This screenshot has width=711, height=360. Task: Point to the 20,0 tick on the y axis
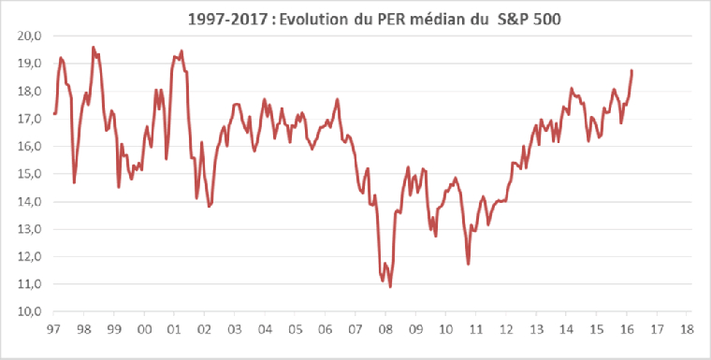tap(30, 36)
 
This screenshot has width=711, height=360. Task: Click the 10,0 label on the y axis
tap(30, 310)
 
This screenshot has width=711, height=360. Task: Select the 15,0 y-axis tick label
tap(30, 173)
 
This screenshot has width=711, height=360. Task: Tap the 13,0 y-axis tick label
tap(30, 228)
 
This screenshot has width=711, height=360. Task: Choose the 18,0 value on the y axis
tap(30, 91)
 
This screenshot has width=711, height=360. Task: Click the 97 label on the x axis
tap(53, 329)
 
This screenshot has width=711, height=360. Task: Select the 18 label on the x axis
tap(688, 329)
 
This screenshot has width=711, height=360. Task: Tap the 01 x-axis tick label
tap(174, 329)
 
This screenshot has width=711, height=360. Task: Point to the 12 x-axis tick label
tap(506, 329)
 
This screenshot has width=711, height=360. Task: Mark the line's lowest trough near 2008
tap(390, 286)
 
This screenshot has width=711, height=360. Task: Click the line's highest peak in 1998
tap(93, 47)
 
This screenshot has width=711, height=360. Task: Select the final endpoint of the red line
tap(631, 70)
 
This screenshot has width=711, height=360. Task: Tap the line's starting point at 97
tap(54, 113)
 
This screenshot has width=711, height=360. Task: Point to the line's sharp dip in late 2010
tap(468, 264)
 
